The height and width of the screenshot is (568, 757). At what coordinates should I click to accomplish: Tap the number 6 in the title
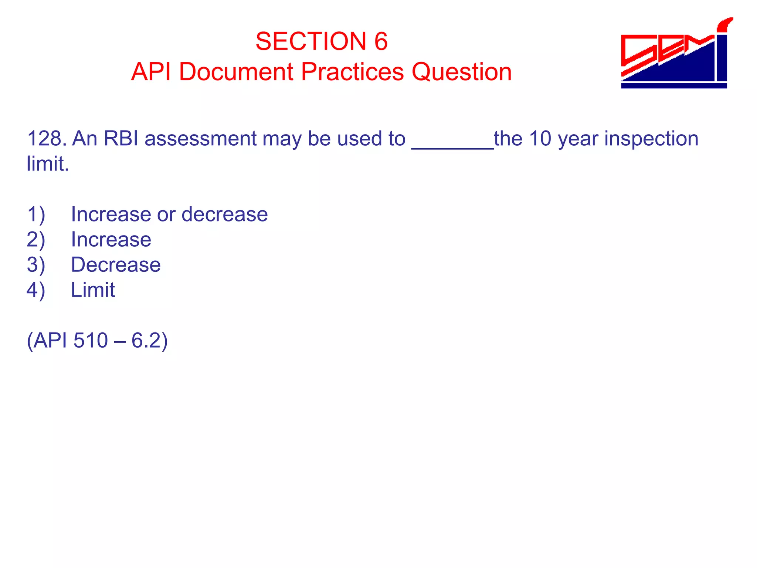click(381, 41)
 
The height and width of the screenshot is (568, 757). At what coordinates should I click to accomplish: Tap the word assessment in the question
click(200, 139)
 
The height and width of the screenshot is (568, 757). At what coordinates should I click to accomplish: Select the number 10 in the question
click(540, 139)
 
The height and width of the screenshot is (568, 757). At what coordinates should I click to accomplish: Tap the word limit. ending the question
click(48, 164)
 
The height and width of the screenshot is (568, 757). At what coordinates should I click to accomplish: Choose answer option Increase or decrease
click(169, 214)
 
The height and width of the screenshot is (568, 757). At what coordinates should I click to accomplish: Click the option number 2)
click(36, 240)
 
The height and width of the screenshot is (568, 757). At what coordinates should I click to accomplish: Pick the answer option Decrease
click(116, 265)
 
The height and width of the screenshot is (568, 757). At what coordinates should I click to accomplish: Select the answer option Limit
click(93, 290)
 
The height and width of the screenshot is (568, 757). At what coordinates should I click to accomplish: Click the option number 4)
click(36, 290)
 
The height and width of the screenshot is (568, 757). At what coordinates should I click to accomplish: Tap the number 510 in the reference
click(91, 340)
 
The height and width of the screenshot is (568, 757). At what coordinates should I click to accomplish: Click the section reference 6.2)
click(149, 340)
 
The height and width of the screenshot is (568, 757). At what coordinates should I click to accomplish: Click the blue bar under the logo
click(674, 86)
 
